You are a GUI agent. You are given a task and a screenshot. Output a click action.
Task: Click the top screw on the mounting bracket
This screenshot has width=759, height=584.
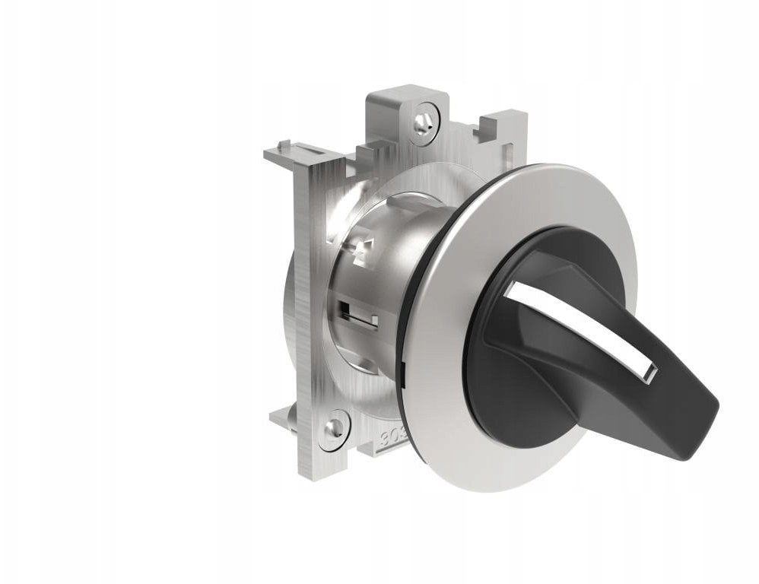424,119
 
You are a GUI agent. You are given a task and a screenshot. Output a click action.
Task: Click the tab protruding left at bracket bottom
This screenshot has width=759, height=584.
282,414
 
